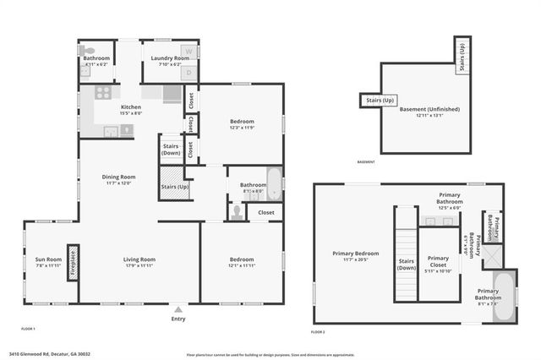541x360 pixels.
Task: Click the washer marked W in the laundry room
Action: [189, 52]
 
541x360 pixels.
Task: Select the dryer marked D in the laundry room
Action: [189, 72]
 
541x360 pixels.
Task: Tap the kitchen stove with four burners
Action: [103, 94]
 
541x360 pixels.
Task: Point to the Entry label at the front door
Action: [178, 319]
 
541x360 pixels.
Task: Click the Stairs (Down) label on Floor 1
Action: [170, 149]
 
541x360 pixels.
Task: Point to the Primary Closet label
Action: [438, 261]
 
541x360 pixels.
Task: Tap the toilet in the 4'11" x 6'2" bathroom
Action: [85, 74]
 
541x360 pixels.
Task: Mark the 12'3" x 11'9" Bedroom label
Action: [241, 122]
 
